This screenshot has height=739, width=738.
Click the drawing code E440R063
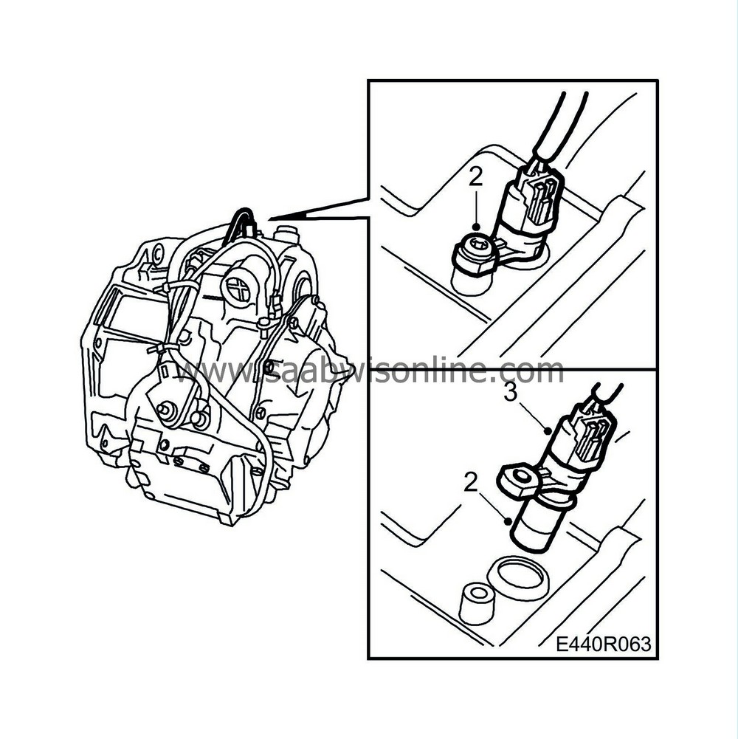604,644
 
